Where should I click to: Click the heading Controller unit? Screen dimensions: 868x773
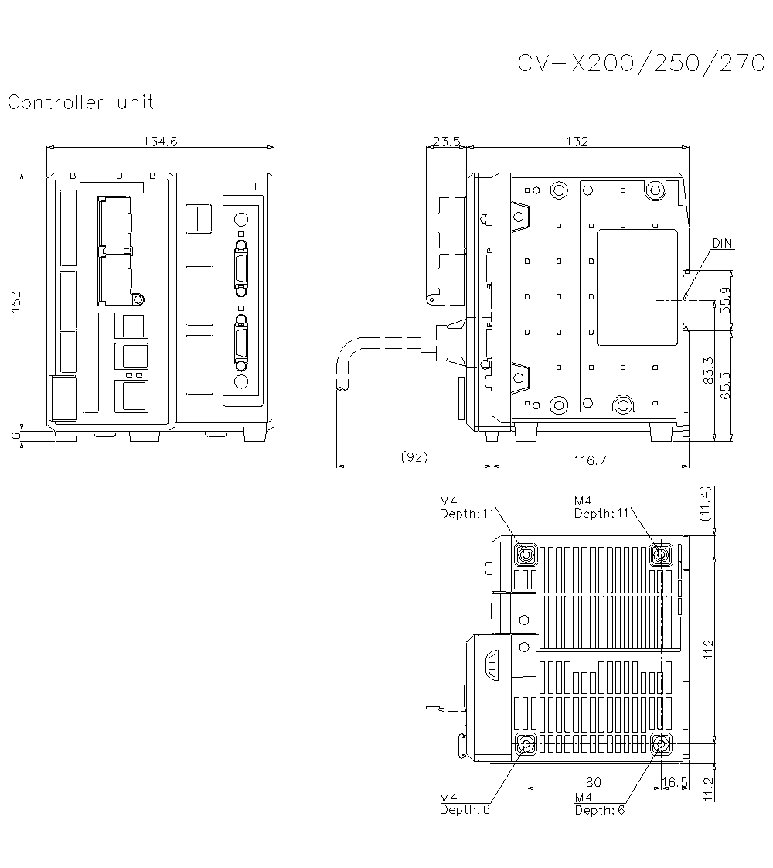click(81, 102)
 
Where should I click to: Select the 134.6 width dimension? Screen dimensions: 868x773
click(160, 141)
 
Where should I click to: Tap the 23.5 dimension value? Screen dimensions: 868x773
click(446, 141)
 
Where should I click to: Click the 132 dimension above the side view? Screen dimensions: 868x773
click(577, 141)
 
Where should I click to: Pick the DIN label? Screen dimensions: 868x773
click(722, 244)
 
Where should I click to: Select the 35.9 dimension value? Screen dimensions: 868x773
click(724, 299)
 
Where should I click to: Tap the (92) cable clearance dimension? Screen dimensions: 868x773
click(414, 458)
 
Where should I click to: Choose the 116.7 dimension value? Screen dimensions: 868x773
click(591, 460)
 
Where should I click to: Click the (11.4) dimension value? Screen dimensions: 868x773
click(704, 504)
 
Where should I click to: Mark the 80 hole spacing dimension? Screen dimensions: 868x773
click(594, 782)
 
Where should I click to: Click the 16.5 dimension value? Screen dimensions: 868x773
click(675, 782)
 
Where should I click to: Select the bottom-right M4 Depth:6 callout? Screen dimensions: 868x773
click(599, 804)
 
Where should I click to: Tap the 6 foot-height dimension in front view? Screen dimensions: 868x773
click(15, 436)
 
